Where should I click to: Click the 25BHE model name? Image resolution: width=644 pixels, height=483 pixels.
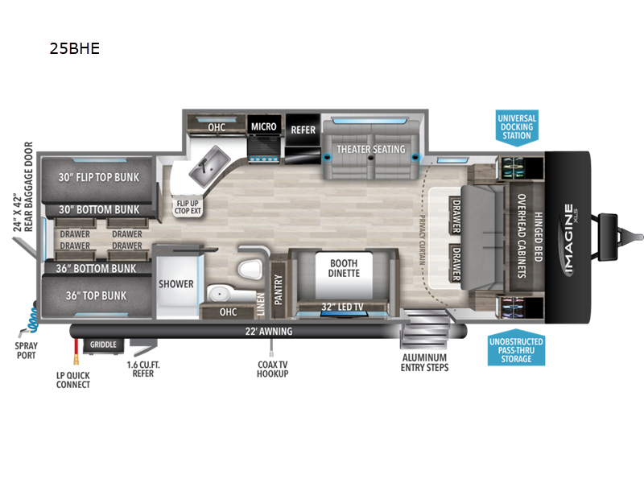point(74,48)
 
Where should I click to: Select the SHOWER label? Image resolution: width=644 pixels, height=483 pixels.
point(175,284)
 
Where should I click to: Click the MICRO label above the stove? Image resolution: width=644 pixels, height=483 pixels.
point(263,126)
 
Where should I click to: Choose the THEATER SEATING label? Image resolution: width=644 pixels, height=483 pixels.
point(370,150)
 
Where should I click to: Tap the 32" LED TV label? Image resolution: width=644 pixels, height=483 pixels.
point(342,305)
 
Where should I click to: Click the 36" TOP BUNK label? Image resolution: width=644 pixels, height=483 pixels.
point(96,295)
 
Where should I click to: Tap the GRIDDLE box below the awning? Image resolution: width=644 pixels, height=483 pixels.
point(102,345)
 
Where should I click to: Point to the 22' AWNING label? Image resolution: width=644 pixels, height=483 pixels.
point(269,331)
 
